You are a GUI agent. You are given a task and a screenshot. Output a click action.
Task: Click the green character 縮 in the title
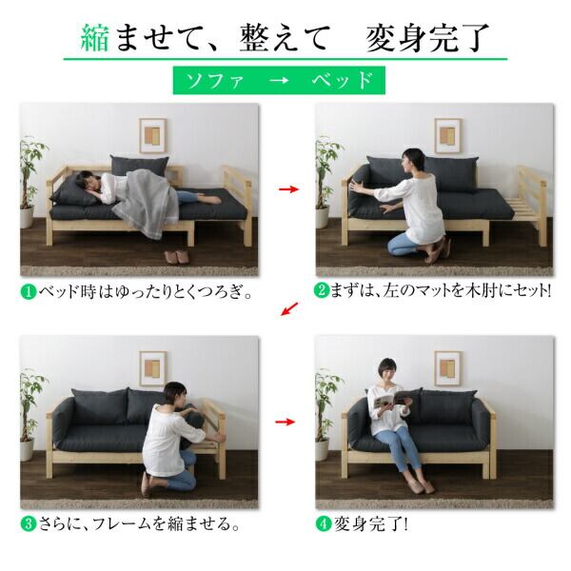tap(95, 38)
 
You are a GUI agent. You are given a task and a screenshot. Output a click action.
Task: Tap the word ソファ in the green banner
tap(215, 80)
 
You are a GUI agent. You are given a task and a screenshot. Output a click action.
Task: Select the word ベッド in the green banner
tap(343, 80)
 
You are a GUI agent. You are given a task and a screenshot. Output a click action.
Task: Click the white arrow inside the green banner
tap(279, 80)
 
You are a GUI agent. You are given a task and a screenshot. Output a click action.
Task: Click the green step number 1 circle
tap(29, 291)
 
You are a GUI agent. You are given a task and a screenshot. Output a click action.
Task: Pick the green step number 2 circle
tap(322, 290)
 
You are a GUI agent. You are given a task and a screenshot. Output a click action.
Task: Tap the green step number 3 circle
tap(29, 523)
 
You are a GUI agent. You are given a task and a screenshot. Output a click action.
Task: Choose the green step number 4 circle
tap(323, 523)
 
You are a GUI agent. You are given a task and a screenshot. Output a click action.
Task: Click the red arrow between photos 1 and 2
tap(288, 189)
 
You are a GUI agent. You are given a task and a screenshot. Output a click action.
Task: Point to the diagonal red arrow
tap(289, 308)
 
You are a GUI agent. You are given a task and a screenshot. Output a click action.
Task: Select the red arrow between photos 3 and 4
tap(285, 422)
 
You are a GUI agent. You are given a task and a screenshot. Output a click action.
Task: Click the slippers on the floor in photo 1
tap(177, 257)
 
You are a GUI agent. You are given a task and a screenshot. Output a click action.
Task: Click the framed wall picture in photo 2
tap(447, 135)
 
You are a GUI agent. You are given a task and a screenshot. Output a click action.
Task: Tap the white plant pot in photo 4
tap(322, 449)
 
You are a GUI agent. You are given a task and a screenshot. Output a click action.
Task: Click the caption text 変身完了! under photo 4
tap(371, 523)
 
